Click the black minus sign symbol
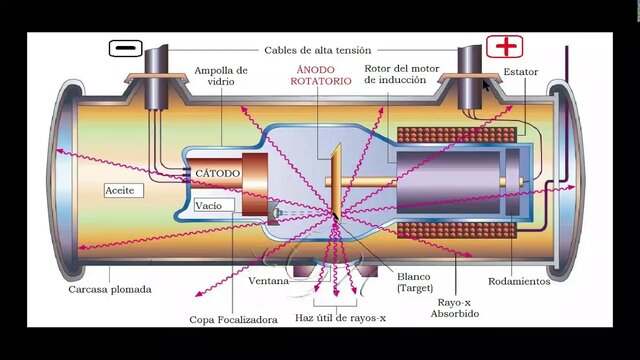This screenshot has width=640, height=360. coord(125,48)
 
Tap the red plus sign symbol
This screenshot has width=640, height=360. coord(505,47)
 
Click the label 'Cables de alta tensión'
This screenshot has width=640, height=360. coord(317,50)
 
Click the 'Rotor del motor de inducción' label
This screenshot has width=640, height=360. coord(402,77)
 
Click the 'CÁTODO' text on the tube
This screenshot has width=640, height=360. coord(217,173)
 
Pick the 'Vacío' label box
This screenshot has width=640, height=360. coord(209,205)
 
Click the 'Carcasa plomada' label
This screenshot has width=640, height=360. coord(111,289)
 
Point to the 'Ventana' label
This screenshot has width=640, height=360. coord(269,281)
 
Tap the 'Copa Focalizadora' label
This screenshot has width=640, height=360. coord(232,320)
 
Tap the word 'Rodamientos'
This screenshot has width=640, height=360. coord(519,281)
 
